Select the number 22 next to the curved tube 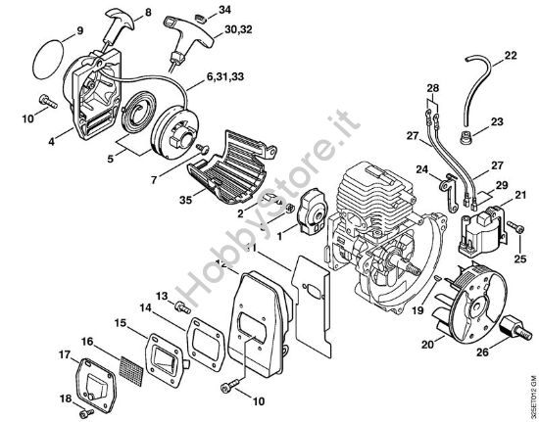click(x=511, y=55)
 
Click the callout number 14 click(x=143, y=307)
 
